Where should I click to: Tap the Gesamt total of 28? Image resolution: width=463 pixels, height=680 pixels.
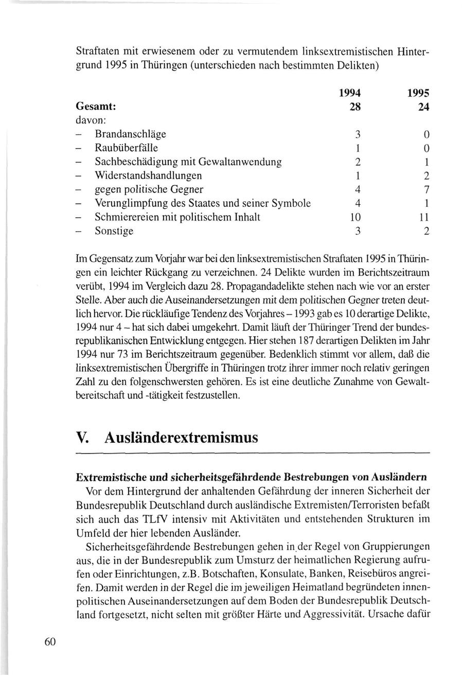pos(354,107)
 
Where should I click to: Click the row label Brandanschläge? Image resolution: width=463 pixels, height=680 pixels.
pos(130,135)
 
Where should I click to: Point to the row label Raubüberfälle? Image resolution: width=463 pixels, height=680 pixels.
pos(127,148)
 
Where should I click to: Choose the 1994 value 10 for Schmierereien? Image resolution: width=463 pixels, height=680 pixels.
pos(354,217)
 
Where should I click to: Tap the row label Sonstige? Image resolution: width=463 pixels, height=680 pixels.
pos(114,231)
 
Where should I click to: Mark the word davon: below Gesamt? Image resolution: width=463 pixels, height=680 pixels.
pos(91,121)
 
